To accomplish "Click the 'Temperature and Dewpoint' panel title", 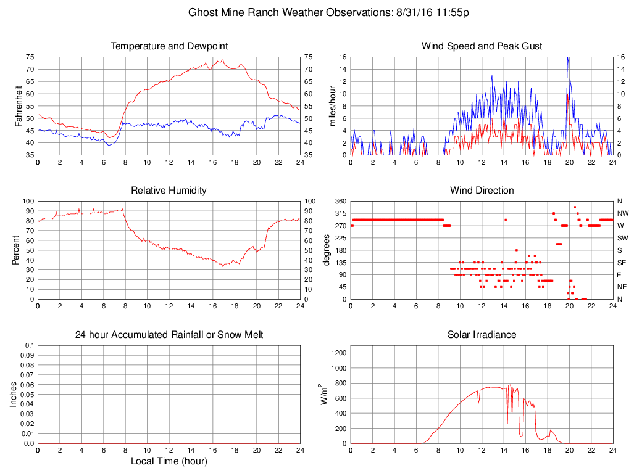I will (169, 46).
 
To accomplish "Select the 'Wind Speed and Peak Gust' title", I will (482, 46).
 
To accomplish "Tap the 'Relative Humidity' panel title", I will (169, 191).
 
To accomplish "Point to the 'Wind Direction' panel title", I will (482, 191).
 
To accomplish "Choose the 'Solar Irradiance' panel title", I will (482, 335).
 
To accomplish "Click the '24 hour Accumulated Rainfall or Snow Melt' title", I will (169, 335).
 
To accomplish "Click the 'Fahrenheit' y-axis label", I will (18, 105).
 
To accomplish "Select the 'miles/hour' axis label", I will (332, 105).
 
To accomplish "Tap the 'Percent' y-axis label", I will (18, 250).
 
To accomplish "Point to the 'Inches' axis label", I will (14, 394).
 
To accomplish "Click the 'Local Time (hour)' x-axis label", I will (169, 461).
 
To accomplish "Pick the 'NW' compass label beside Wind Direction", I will (623, 213).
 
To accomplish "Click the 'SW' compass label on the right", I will (623, 238).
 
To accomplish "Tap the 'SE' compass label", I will (622, 262).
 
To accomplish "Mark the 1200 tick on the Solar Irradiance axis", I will (339, 353).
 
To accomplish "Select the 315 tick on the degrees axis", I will (339, 213).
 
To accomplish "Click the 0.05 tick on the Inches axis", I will (28, 395).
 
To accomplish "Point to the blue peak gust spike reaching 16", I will (567, 59).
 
